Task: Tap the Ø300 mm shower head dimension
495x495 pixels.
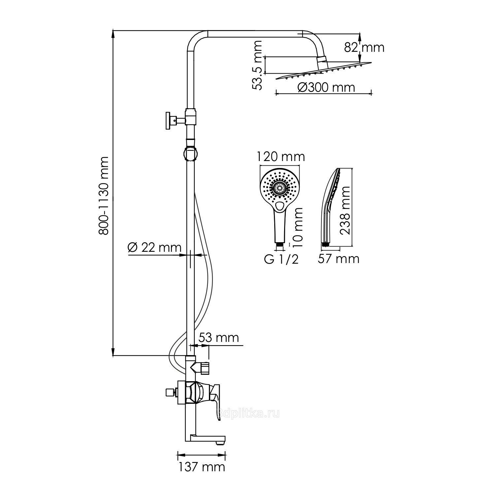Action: [x=326, y=87]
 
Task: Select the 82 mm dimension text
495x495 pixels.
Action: [x=364, y=48]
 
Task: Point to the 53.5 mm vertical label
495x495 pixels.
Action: [x=257, y=65]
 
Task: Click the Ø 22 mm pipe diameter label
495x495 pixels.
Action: [x=154, y=247]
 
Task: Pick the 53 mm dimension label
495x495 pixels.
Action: [x=219, y=338]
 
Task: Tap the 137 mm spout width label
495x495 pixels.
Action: [x=202, y=467]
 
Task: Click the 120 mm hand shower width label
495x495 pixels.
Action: [x=281, y=157]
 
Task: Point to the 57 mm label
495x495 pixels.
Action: [x=339, y=259]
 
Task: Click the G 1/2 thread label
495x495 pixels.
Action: [x=281, y=259]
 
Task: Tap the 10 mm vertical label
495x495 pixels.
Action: [x=298, y=225]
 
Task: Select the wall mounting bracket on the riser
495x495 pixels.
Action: [x=171, y=121]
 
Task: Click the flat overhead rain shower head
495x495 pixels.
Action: [x=323, y=71]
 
